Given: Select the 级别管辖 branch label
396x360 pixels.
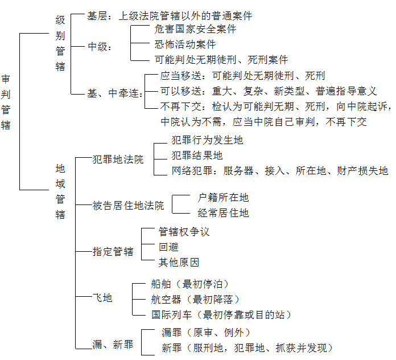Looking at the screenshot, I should pos(60,43).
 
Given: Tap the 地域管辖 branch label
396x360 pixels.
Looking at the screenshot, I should pos(60,191).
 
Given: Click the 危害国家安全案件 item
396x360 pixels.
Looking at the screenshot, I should pos(195,28).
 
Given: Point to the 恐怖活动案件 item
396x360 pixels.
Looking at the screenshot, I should pos(185,44).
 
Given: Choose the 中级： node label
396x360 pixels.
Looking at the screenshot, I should pos(100,47).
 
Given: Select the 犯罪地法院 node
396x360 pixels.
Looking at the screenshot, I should pos(118,160).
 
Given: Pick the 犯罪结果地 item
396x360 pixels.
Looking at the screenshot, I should pos(197,156).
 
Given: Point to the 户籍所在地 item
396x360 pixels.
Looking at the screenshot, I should pos(223,198).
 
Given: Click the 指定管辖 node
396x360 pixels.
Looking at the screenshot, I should pos(113,251).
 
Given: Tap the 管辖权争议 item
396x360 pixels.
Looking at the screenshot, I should pos(184,232).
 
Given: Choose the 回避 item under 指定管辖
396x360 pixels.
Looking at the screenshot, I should pos(169,248).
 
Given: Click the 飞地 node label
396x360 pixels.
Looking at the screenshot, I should pos(102,297).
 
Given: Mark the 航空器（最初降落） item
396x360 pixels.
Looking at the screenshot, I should pos(195,299).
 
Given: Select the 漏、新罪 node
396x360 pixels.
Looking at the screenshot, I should pos(113,344).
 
